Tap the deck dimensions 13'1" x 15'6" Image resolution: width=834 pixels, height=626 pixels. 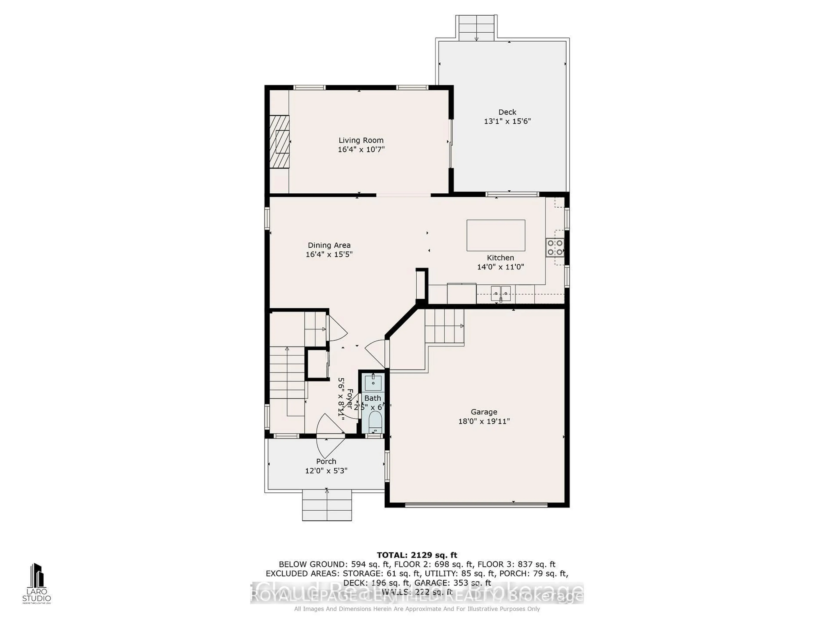pos(507,121)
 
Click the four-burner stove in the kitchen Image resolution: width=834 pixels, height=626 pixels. pos(555,248)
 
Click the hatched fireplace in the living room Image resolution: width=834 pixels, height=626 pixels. pos(279,141)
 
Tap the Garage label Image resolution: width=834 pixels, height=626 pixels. pos(484,412)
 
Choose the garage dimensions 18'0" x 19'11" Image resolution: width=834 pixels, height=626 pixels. pos(484,421)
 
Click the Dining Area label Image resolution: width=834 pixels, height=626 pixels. pos(329,245)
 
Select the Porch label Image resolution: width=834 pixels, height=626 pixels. pos(326,461)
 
